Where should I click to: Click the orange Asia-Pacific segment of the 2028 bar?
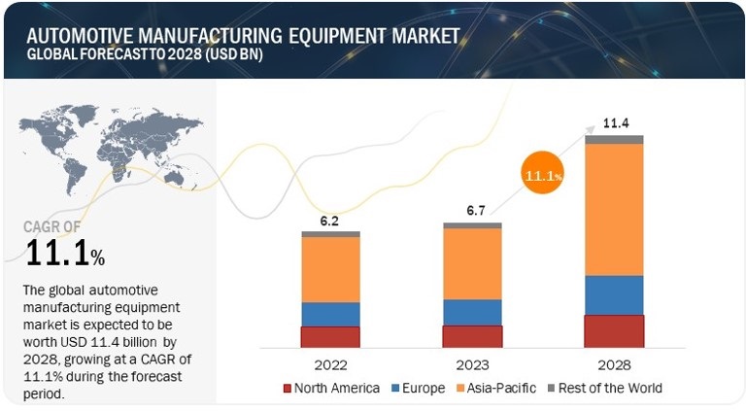click(614, 209)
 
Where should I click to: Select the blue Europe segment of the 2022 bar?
click(330, 314)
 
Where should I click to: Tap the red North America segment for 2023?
click(472, 336)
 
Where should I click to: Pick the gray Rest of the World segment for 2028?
click(614, 139)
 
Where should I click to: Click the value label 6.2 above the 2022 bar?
click(330, 222)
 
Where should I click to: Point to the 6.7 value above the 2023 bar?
click(472, 212)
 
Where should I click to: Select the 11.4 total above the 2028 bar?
click(614, 123)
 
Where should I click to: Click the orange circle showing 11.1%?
click(543, 177)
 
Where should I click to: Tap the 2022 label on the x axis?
click(330, 365)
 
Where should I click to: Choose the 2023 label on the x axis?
click(472, 365)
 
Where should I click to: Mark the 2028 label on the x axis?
click(614, 365)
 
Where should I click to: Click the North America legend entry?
click(333, 389)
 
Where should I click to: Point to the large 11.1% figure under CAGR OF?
click(64, 255)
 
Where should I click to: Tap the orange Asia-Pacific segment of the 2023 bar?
click(472, 263)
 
